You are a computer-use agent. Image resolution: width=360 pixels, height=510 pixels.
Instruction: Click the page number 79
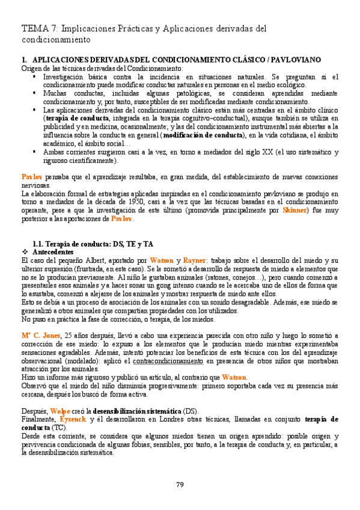(180, 485)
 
